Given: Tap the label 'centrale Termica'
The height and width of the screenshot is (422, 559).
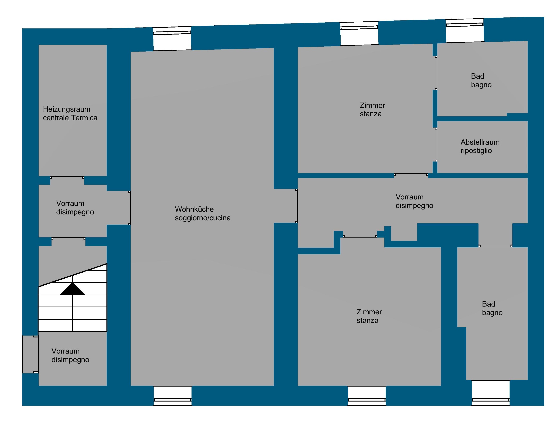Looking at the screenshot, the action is [70, 118].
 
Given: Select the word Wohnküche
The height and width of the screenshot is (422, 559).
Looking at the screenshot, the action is [194, 209].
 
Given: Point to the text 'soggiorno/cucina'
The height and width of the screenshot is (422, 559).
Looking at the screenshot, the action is [203, 218].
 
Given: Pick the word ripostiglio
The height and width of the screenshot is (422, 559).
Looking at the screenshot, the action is [476, 151].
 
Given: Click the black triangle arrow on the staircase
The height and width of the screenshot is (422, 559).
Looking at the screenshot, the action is [73, 289].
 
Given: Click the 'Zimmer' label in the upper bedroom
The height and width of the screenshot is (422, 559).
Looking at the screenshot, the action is [372, 105].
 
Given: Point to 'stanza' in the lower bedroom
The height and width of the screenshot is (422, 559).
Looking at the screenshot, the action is [367, 321].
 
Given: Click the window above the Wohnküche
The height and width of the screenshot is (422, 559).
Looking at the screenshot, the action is [172, 38].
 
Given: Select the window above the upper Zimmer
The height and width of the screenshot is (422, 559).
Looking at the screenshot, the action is [359, 34].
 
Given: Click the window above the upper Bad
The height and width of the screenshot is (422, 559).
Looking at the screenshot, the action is [465, 31].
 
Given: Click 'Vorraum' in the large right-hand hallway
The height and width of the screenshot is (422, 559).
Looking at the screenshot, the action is [409, 197].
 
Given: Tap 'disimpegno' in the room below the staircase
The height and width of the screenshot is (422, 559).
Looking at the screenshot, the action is [70, 360].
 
